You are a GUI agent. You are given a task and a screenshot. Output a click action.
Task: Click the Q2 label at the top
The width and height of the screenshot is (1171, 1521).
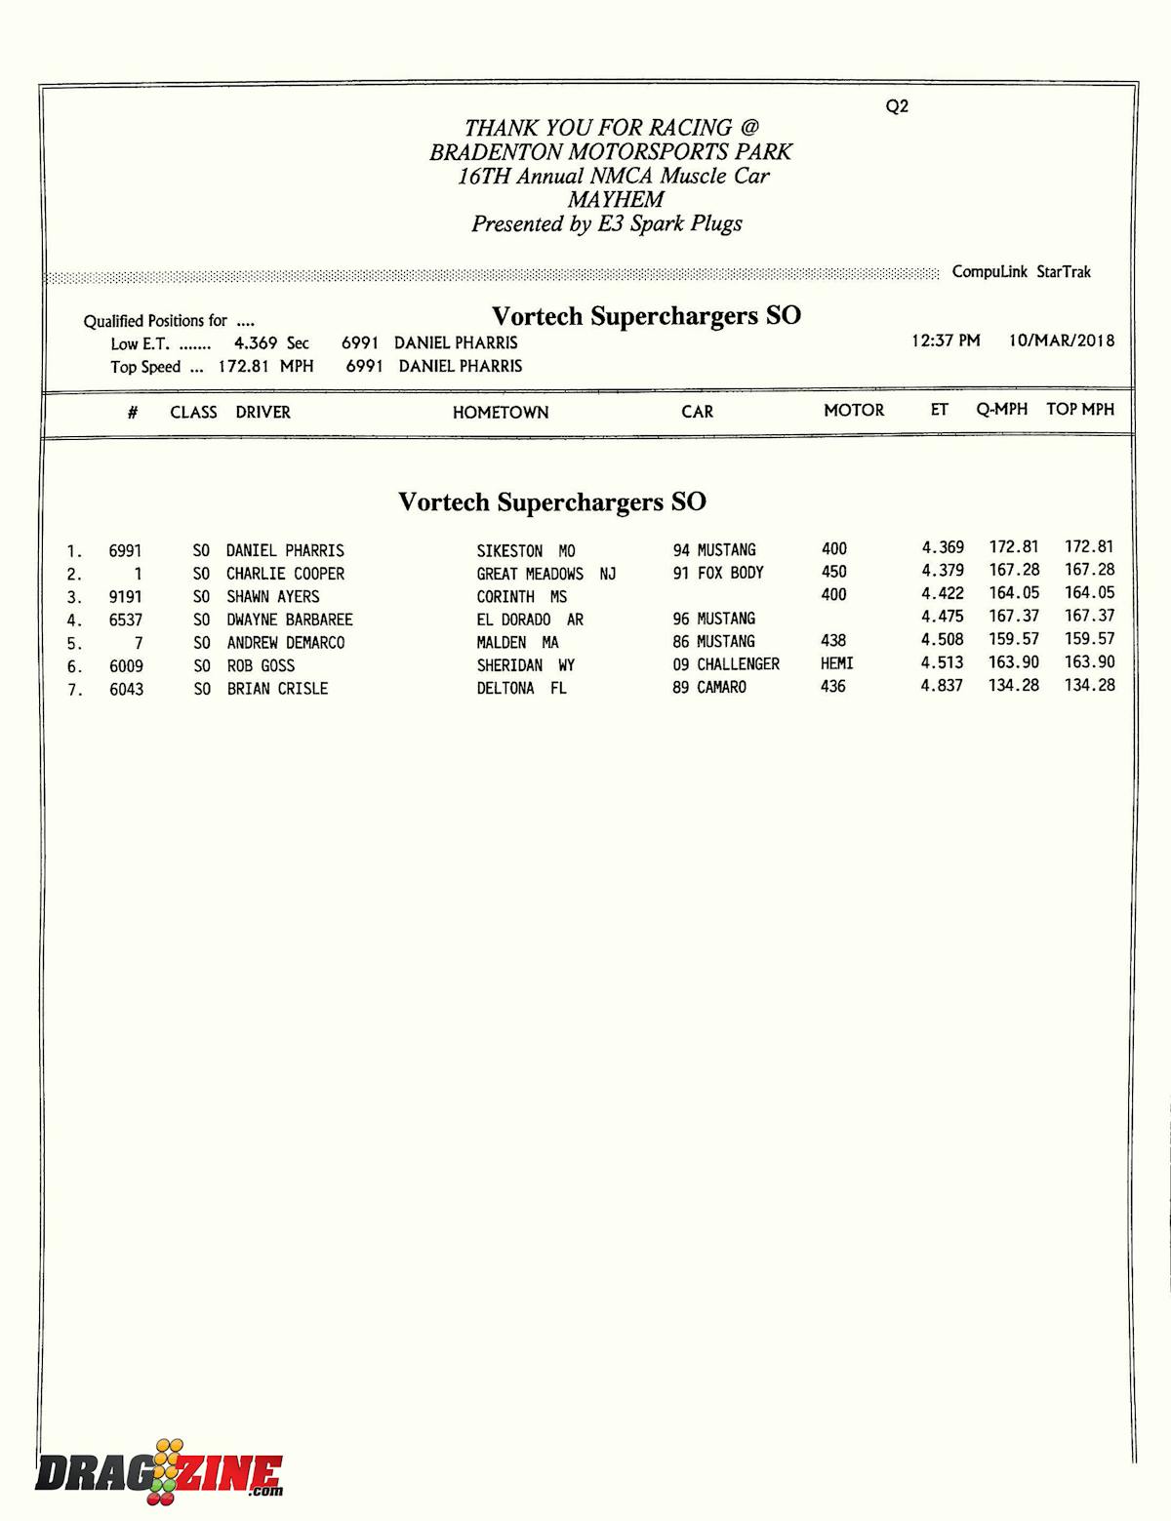[897, 106]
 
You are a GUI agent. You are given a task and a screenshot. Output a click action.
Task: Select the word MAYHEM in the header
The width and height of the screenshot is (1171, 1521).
[616, 200]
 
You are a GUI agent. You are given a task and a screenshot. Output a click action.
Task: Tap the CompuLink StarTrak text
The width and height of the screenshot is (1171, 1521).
[1021, 272]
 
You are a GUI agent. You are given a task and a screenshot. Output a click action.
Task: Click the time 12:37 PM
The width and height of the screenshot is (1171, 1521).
[946, 340]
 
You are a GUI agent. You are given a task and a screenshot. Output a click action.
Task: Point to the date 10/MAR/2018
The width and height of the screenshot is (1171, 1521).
[1061, 340]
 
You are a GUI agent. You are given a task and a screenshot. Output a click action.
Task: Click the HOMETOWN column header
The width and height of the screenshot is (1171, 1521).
[501, 413]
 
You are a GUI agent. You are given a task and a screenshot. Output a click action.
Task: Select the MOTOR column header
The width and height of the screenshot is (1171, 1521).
[854, 411]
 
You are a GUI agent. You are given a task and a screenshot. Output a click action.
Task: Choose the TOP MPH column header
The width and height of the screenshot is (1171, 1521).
[1079, 410]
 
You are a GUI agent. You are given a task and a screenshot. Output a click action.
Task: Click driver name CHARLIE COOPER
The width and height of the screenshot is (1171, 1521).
[285, 574]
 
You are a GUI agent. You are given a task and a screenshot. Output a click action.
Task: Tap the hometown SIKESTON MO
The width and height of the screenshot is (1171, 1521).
[526, 551]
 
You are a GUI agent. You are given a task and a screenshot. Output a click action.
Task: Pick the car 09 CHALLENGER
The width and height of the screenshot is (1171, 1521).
[726, 664]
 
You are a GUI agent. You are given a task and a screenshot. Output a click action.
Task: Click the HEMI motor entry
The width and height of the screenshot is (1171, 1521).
[836, 663]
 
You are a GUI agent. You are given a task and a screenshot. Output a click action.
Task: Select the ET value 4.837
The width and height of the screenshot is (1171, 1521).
[942, 686]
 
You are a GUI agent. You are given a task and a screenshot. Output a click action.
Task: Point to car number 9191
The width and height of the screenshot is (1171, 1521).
[126, 597]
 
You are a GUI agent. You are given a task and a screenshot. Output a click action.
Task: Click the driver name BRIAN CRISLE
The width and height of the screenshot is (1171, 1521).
[277, 689]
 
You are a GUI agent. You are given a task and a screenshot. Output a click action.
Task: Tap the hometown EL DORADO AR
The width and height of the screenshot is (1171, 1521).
[530, 620]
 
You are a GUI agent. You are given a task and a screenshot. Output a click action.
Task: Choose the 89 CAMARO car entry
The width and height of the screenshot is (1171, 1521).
[709, 687]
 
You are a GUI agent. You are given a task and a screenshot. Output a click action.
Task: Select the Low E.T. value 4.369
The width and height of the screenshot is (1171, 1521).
[256, 343]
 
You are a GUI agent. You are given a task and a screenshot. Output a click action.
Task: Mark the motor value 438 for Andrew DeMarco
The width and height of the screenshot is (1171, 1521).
[833, 641]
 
